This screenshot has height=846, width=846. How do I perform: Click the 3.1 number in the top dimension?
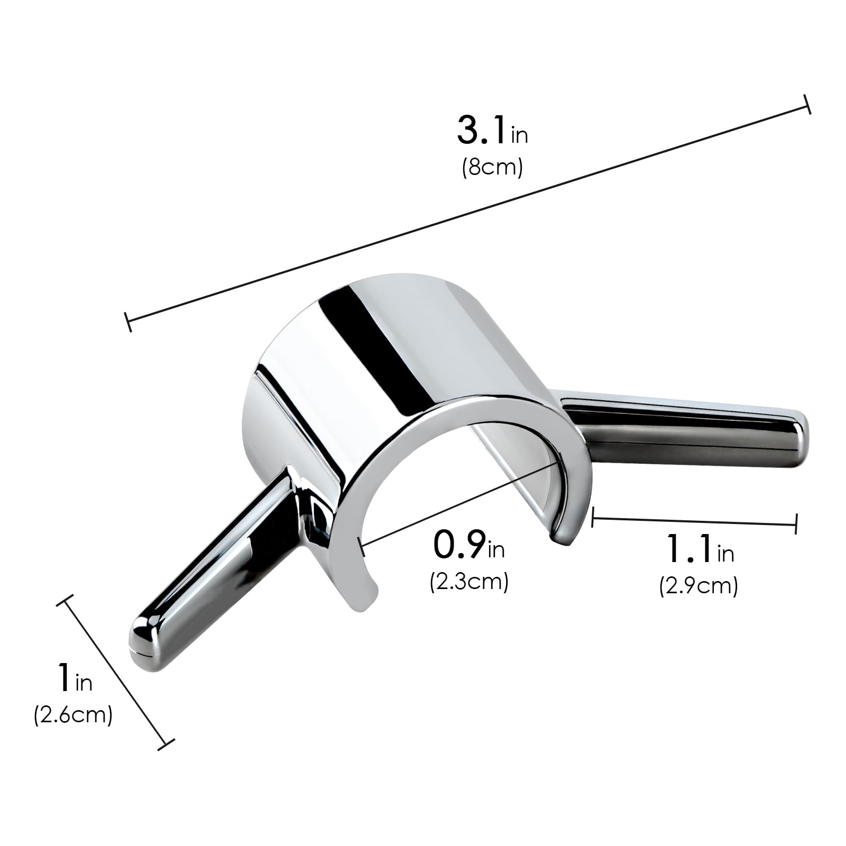[482, 130]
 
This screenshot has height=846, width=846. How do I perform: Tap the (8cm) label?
[492, 168]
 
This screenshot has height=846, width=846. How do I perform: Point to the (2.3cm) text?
[469, 582]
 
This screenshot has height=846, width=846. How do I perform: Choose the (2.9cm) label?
[698, 586]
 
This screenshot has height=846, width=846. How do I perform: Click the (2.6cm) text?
[73, 715]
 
